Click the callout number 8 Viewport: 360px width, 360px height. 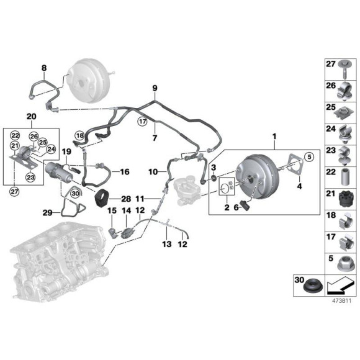pyautogui.click(x=43, y=68)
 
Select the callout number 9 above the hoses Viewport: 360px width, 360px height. pyautogui.click(x=155, y=89)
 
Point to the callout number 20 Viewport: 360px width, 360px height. pyautogui.click(x=31, y=116)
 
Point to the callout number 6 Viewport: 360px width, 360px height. pyautogui.click(x=236, y=209)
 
